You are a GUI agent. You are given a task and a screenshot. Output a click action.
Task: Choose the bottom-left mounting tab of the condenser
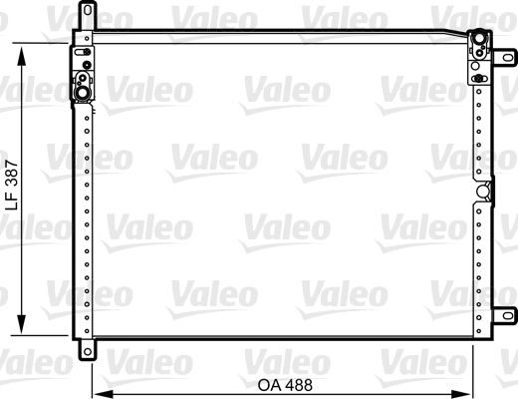click(88, 350)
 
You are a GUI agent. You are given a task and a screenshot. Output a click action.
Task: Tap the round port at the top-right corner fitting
click(478, 42)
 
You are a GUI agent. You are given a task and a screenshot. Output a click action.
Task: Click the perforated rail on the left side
click(85, 219)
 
